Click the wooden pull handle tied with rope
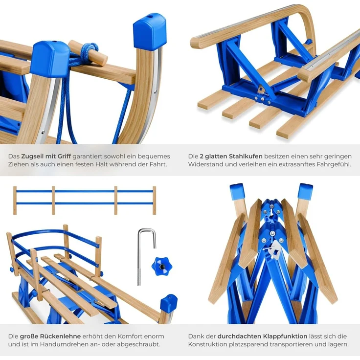pyautogui.click(x=88, y=53)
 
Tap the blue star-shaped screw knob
pyautogui.click(x=161, y=266)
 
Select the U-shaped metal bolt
pyautogui.click(x=145, y=256)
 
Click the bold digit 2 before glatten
pyautogui.click(x=202, y=157)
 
